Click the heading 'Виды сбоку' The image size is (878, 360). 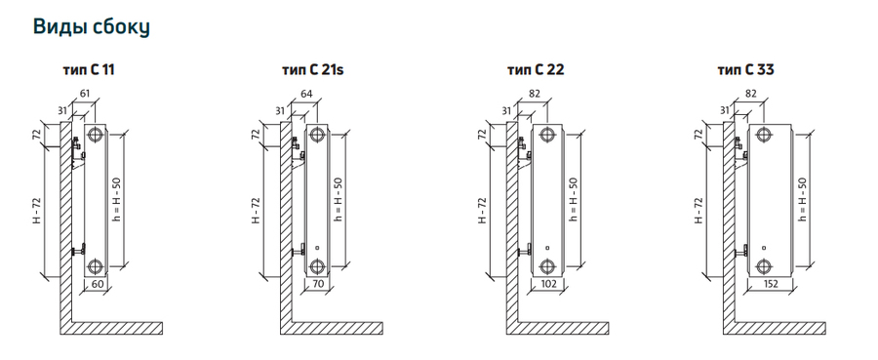[92, 27]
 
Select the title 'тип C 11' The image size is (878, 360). [89, 70]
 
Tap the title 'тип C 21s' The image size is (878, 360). [312, 70]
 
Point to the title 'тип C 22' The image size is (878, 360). [536, 70]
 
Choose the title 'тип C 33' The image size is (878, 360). [746, 70]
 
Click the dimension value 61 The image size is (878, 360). [85, 93]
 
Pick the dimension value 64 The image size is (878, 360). [306, 93]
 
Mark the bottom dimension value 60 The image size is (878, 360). [98, 284]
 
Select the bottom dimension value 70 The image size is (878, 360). [318, 284]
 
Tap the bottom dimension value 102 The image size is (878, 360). [548, 284]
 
